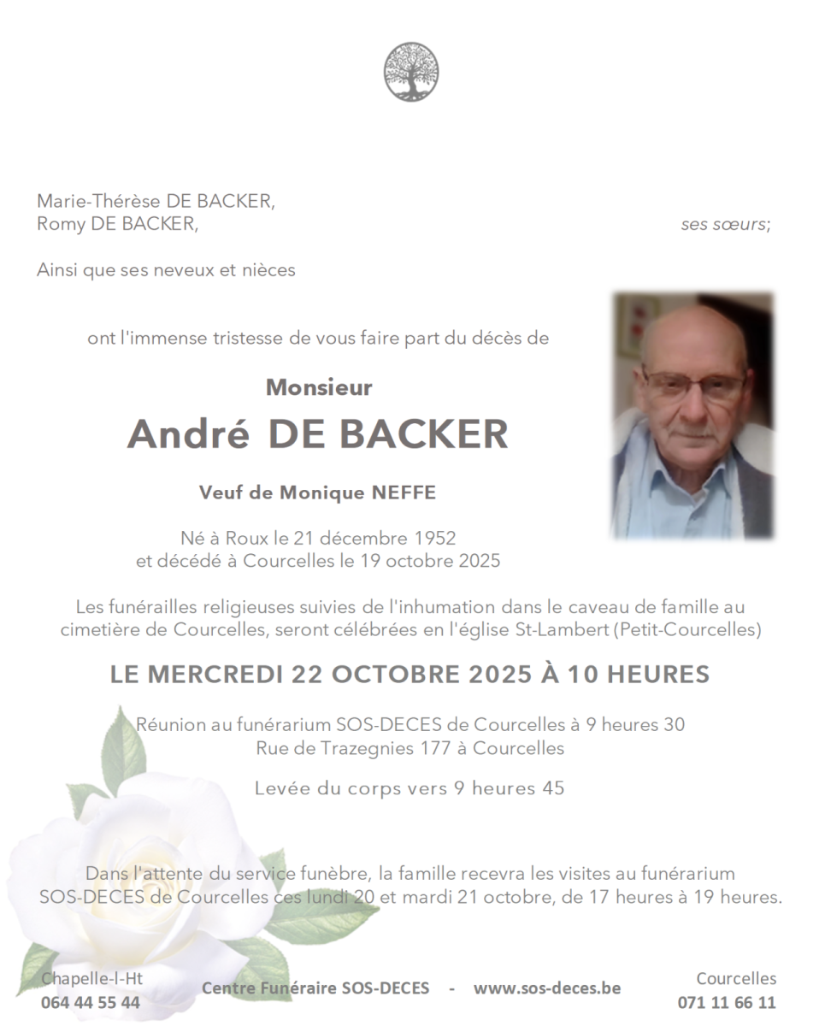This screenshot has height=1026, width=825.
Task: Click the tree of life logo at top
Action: click(x=411, y=72)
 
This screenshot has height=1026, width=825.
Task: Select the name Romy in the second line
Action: click(x=57, y=225)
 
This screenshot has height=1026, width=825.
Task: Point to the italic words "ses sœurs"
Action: click(x=725, y=225)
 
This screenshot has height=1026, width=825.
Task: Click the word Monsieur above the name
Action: click(x=319, y=387)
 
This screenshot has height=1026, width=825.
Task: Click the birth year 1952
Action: click(x=434, y=539)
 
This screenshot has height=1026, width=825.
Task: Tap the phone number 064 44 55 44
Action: click(x=91, y=1002)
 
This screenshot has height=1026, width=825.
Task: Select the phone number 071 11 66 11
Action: click(x=727, y=1002)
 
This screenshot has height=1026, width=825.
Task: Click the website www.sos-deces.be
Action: click(x=547, y=988)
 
